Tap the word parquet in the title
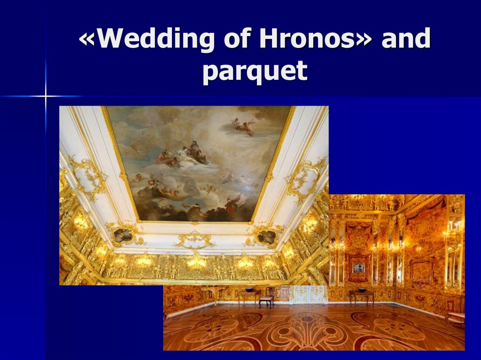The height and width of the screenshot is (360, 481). pos(255,71)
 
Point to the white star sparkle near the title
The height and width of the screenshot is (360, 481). pos(46,96)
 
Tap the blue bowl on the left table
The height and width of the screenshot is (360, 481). pos(249,290)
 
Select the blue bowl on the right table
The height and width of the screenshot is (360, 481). pos(362,290)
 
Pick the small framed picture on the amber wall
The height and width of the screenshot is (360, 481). pos(358,268)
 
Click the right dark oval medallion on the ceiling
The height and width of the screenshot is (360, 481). pos(267,237)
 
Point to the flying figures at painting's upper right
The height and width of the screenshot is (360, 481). pos(243,126)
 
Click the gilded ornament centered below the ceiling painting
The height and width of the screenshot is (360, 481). pos(194,240)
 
